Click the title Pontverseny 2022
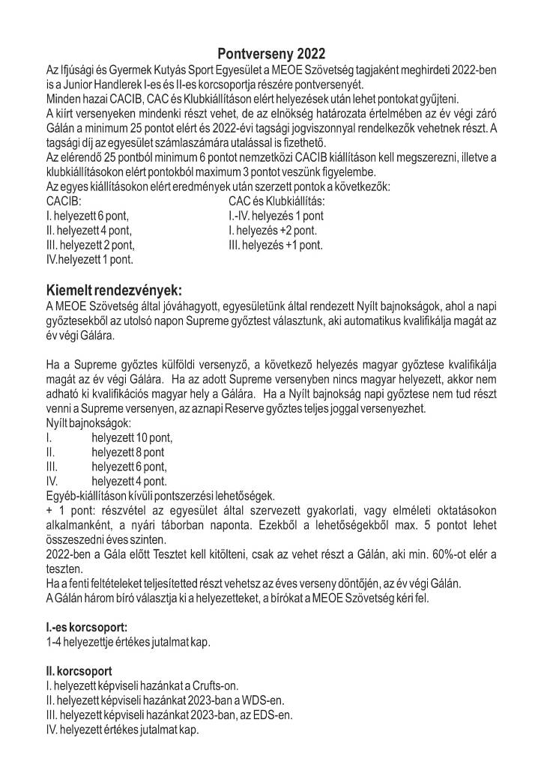[271, 54]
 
